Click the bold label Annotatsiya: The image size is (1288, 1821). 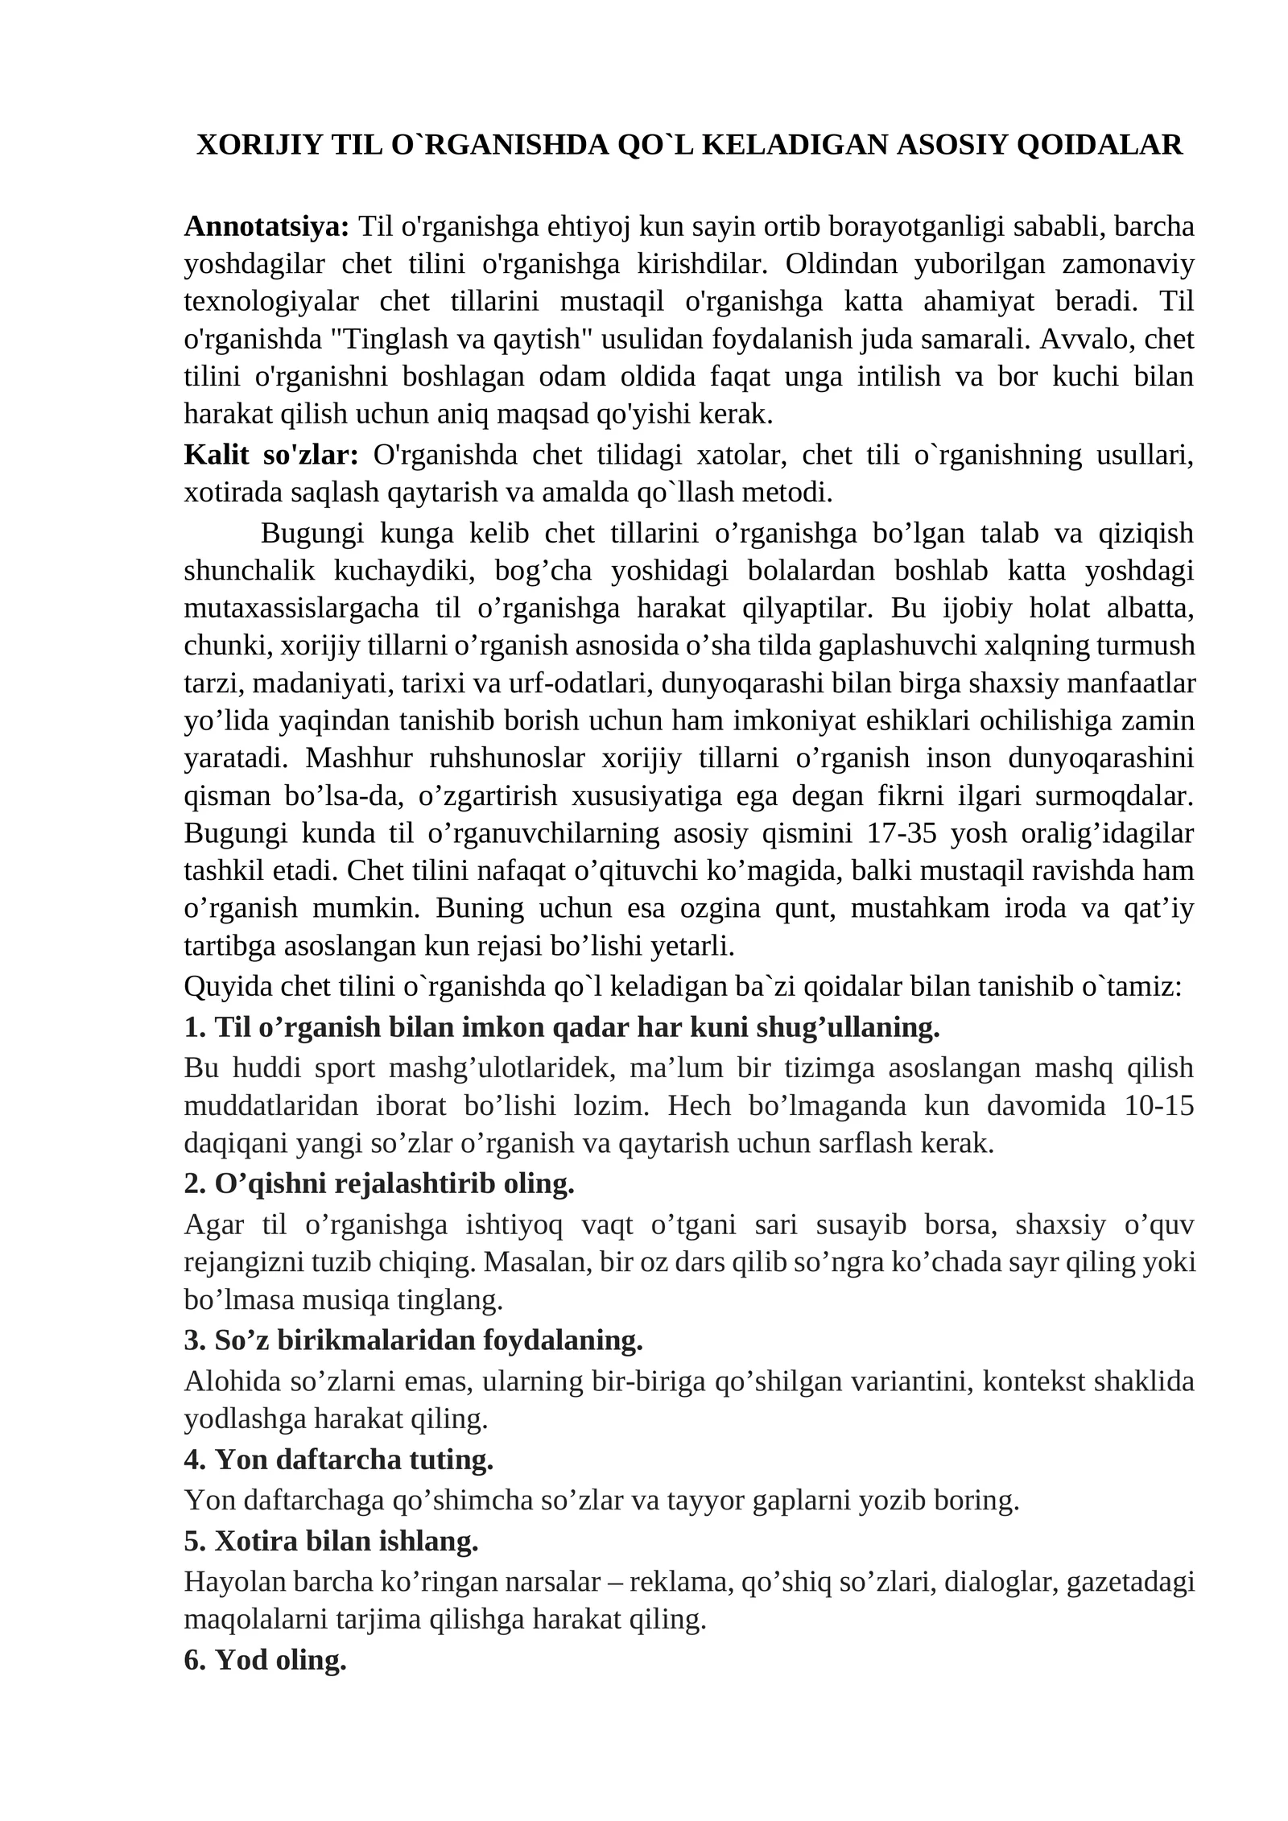tap(266, 227)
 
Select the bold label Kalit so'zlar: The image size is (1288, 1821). tap(271, 455)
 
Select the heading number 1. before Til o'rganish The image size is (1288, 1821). tap(196, 1027)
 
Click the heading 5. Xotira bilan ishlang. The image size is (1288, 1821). tap(332, 1541)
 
